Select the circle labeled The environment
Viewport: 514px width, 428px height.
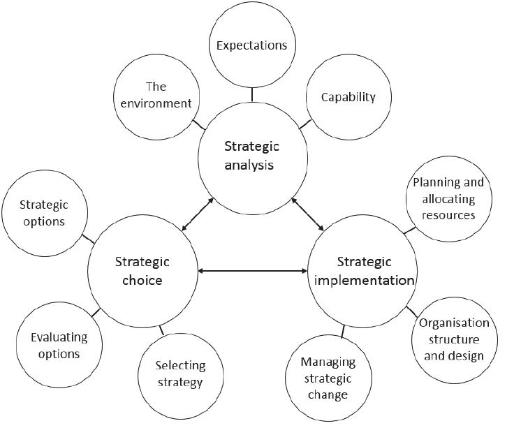(155, 95)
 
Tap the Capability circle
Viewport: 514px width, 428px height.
(348, 96)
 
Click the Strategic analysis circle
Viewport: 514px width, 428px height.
(251, 156)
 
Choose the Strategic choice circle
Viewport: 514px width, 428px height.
(142, 271)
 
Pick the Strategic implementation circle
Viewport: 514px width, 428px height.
(363, 271)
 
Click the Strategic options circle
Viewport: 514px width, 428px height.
(43, 213)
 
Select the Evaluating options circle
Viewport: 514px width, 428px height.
(59, 345)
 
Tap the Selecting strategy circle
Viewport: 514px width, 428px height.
(180, 373)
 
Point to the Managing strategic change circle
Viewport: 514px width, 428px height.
(328, 378)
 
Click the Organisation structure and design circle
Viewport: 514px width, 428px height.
(454, 339)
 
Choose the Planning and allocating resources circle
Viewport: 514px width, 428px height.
(448, 198)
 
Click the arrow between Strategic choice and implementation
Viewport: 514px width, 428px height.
(253, 271)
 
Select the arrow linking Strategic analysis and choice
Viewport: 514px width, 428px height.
(198, 214)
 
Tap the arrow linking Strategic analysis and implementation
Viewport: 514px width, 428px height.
(307, 214)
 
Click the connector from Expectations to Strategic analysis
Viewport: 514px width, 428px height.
(251, 94)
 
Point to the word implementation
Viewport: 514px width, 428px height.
(365, 281)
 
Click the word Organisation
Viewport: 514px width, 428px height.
(454, 323)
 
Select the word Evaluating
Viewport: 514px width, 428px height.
(59, 337)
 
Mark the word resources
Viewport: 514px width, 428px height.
(448, 215)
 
